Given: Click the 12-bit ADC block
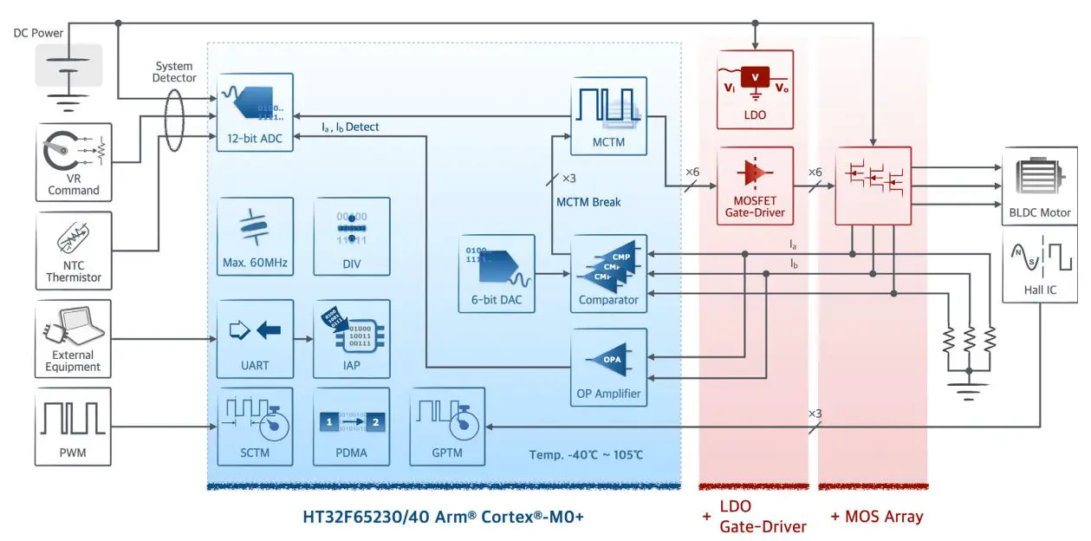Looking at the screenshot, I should (255, 113).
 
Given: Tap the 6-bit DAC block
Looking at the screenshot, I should (497, 274).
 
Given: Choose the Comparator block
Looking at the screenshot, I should (609, 274).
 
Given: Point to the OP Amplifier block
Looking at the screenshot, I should (609, 367).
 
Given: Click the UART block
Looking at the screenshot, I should (255, 339).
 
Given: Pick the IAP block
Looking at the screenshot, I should (351, 339).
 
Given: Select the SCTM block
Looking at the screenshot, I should (255, 426).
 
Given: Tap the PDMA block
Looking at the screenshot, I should (351, 426).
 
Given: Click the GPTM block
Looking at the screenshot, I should (446, 426).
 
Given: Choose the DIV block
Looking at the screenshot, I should (351, 236).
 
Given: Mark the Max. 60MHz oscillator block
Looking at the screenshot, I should (255, 236).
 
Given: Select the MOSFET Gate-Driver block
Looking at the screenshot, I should (755, 186).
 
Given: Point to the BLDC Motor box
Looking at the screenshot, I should (1039, 185).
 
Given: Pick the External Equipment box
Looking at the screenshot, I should (74, 339).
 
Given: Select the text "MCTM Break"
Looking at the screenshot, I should (588, 203).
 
